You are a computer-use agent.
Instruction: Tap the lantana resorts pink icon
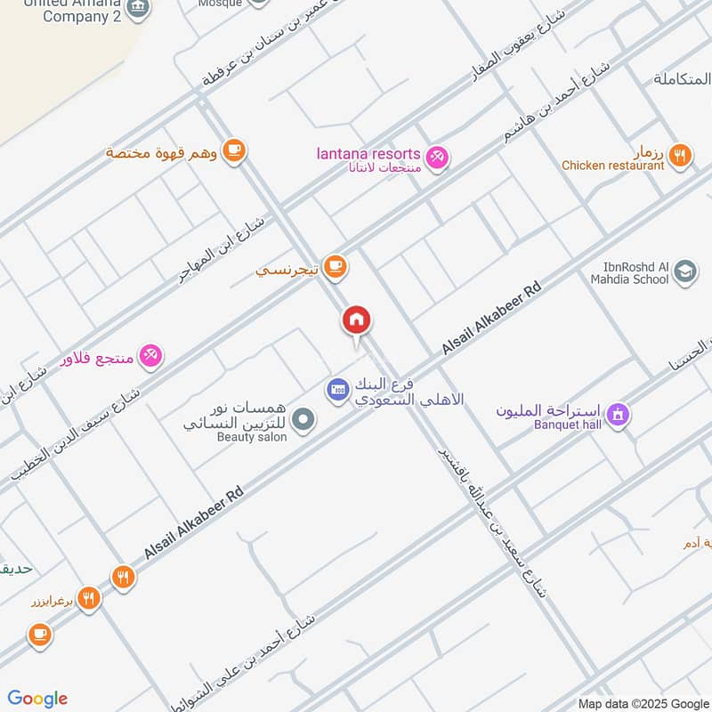pos(437,158)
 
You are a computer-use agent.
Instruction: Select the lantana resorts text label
pos(368,154)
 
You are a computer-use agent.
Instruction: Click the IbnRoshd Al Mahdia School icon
pos(685,271)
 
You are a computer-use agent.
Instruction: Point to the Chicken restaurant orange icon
pos(680,155)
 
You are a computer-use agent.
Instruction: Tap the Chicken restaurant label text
pos(612,166)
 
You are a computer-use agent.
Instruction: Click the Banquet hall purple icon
pos(618,414)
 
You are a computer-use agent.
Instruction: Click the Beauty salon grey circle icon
pos(304,418)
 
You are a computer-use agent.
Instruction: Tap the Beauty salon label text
pos(252,437)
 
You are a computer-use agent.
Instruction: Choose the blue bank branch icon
pos(337,389)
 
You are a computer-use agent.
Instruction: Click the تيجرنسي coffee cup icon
pos(335,265)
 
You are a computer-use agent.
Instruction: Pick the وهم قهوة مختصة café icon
pos(234,150)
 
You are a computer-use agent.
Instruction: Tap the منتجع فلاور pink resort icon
pos(150,356)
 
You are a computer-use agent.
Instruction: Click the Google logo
pos(37,699)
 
